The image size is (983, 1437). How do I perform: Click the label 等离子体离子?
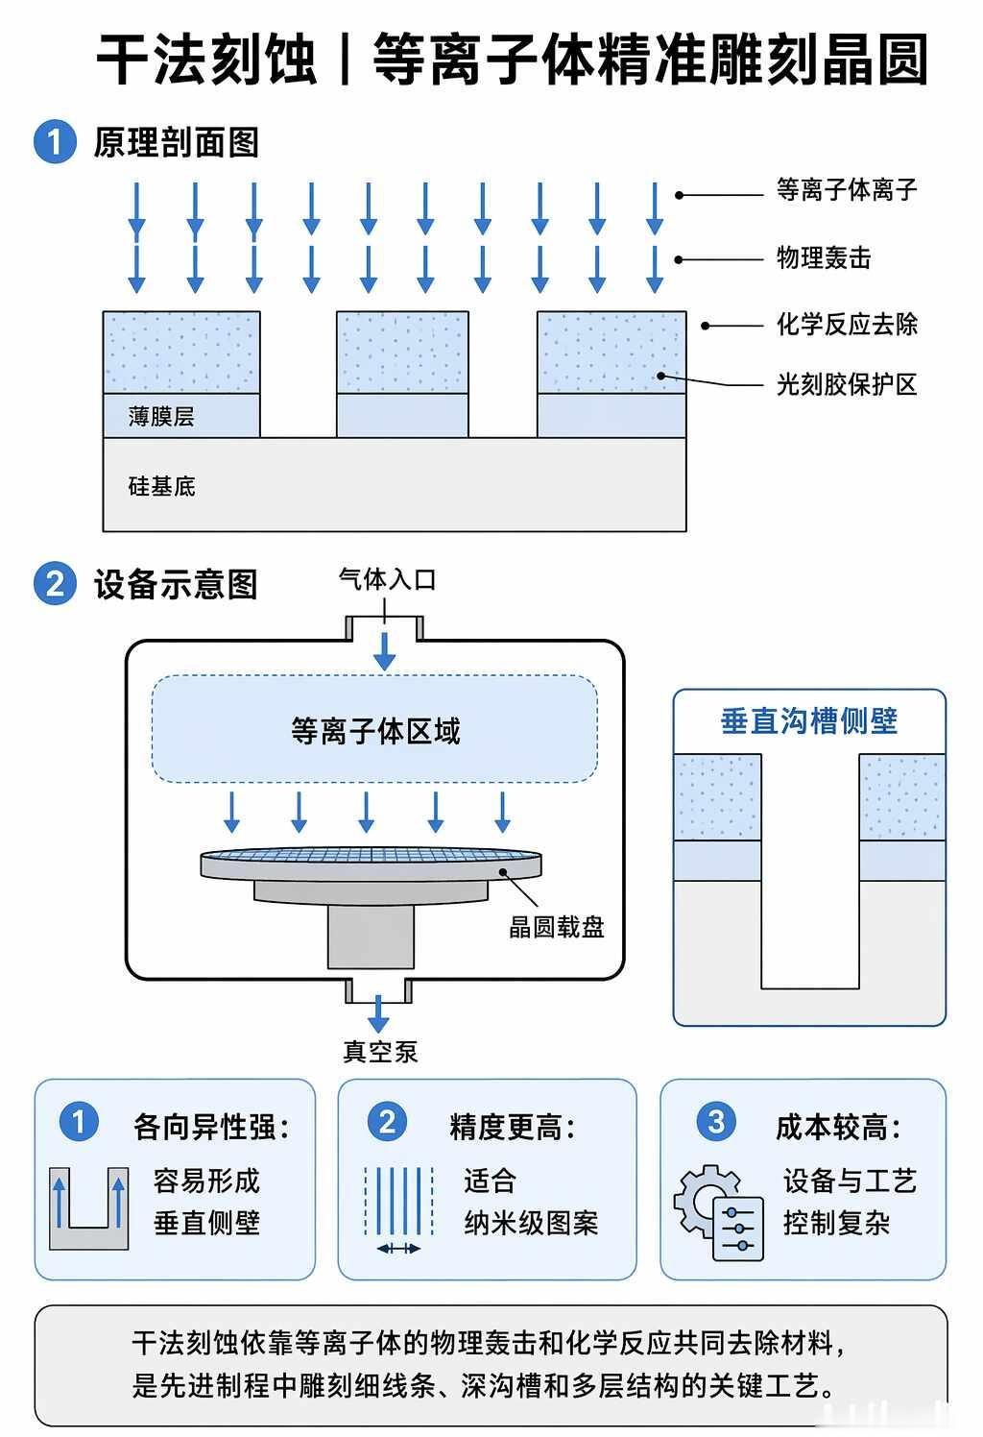(847, 190)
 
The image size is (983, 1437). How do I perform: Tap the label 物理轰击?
(824, 257)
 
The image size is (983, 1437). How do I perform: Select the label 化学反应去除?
(847, 324)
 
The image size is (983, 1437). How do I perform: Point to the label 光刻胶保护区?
(847, 385)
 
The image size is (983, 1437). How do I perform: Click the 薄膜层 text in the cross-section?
(161, 416)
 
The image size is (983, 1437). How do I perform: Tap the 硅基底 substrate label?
(161, 486)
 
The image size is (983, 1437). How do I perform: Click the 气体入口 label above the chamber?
(387, 580)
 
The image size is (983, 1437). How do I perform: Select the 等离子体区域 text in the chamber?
(375, 731)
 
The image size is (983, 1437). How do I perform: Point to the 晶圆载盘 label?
(557, 927)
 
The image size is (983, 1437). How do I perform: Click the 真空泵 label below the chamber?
(380, 1052)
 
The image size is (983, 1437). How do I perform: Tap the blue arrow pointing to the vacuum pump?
(378, 1013)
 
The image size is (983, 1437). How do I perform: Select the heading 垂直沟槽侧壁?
(809, 721)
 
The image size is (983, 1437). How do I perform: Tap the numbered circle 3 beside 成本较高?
(716, 1122)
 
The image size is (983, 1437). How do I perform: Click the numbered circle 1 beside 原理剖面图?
(55, 142)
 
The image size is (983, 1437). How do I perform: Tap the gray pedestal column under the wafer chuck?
(371, 936)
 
